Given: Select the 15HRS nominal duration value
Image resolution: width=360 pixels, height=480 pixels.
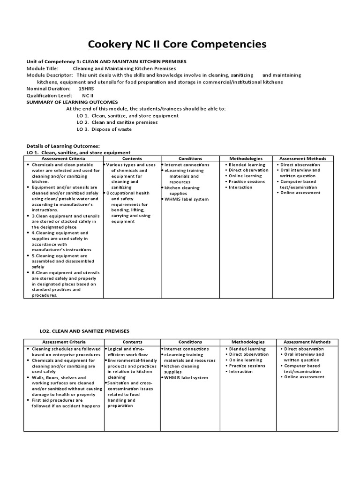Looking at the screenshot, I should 86,89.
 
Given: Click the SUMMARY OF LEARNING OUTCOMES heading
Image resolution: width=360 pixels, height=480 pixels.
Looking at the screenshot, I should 72,102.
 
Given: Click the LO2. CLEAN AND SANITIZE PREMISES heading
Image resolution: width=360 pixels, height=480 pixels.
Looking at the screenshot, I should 84,331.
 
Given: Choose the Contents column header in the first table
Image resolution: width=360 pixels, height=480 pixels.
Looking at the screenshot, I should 132,158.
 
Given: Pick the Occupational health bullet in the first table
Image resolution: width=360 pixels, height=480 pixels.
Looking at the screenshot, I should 127,193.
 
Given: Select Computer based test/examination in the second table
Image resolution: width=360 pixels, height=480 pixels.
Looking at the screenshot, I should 302,368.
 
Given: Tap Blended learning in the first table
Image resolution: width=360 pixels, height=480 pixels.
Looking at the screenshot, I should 247,165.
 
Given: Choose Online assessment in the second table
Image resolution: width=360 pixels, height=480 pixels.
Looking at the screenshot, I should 304,377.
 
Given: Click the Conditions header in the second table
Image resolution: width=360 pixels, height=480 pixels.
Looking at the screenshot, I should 190,342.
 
